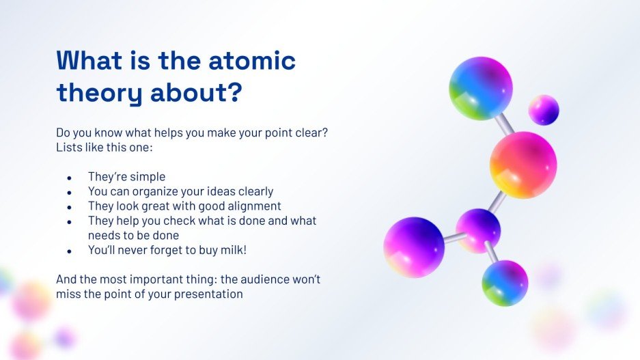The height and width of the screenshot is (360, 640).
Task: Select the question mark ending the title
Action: click(x=234, y=92)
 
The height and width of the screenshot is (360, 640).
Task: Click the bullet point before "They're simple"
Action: click(x=70, y=177)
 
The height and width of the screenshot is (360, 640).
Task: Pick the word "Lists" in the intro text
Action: click(x=69, y=147)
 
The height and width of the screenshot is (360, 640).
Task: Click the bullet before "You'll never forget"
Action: click(x=70, y=251)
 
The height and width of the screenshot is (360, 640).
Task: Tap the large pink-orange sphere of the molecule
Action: click(x=523, y=165)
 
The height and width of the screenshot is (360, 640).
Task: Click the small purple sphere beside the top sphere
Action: click(x=543, y=109)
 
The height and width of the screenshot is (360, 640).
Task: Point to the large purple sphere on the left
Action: click(x=414, y=247)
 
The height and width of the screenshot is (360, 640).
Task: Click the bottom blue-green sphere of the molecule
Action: click(x=505, y=283)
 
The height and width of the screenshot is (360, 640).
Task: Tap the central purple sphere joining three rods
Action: click(x=478, y=230)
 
